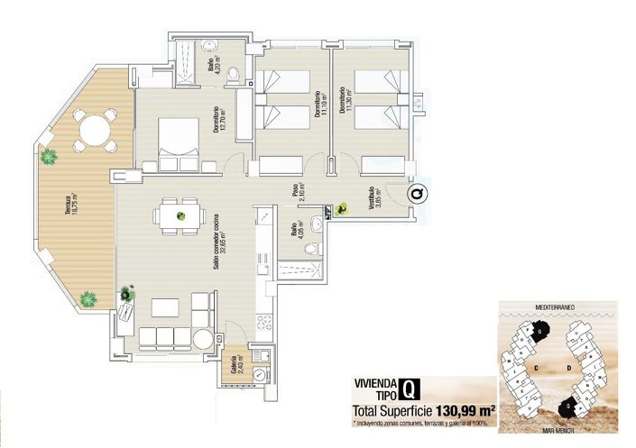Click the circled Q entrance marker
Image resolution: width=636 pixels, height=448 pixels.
pos(416,192)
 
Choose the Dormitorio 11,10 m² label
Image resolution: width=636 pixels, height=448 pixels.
pos(318,107)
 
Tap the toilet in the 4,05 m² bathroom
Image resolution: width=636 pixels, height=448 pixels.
pos(310,249)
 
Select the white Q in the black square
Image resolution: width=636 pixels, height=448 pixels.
pos(410,389)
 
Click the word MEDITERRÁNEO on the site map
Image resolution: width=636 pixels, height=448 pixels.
pos(555,307)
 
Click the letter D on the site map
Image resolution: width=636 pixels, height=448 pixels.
pos(568,368)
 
